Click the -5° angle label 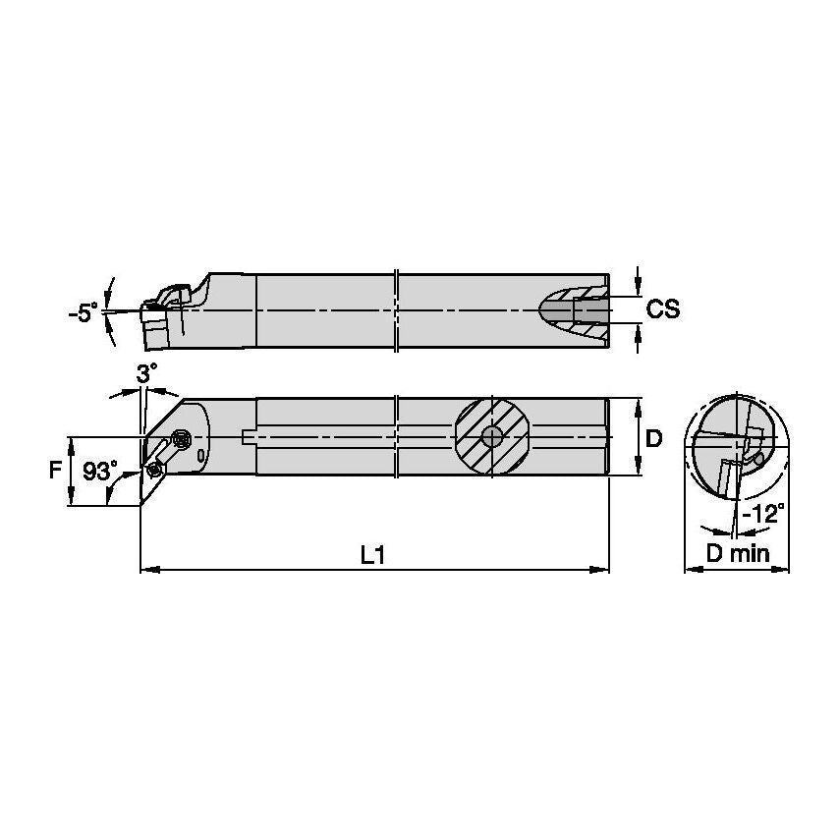pos(83,313)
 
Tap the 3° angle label pos(145,373)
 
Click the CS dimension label pos(663,309)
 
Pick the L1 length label pos(371,555)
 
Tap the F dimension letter pos(56,471)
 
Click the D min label pos(738,554)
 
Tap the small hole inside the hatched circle pos(491,436)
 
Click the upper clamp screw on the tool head pos(180,439)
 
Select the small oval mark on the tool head pos(200,456)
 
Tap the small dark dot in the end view pos(757,459)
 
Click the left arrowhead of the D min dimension pos(689,568)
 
